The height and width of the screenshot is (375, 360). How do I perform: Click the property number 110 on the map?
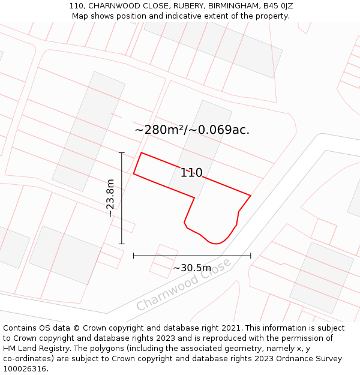tap(191, 173)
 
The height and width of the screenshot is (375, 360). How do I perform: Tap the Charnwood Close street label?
tap(183, 285)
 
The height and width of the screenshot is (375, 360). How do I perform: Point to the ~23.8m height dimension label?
tap(110, 198)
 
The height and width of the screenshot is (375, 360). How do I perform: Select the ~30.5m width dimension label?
tap(192, 268)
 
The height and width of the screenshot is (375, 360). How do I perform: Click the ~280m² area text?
tap(160, 130)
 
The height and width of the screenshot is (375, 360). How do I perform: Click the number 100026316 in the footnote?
tap(26, 368)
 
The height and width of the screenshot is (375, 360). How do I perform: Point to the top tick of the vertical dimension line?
tap(122, 153)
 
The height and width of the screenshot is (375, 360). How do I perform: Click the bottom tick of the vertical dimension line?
tap(122, 244)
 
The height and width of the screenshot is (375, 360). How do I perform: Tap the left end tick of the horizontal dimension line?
tap(134, 256)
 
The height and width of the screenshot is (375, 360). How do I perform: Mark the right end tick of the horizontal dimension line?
tap(250, 256)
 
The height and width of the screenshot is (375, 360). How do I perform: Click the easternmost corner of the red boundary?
tap(250, 196)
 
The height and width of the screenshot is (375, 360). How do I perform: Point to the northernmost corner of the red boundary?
tap(141, 153)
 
